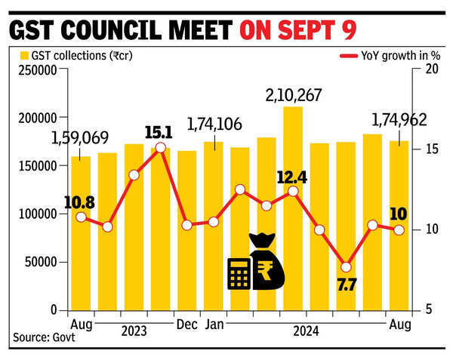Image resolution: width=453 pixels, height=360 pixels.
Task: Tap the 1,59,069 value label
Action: [x=80, y=138]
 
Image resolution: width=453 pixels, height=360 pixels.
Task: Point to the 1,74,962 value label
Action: [x=399, y=120]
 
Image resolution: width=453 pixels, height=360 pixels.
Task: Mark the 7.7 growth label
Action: [x=347, y=285]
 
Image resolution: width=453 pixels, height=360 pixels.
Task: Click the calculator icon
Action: [x=240, y=272]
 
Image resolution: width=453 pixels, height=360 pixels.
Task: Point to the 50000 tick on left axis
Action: [x=41, y=262]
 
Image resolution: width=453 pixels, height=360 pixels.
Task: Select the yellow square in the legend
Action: [x=24, y=56]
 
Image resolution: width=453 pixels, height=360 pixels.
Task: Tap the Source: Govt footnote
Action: [x=43, y=337]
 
